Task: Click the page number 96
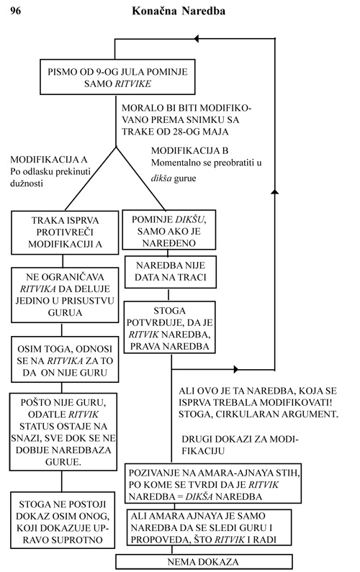coord(15,11)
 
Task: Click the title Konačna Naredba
coord(178,11)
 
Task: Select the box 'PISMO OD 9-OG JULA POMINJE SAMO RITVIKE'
coord(117,77)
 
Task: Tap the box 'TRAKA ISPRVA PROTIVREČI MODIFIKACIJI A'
coord(65,232)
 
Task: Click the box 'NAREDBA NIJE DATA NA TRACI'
coord(170,272)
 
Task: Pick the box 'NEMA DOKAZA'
coord(204,562)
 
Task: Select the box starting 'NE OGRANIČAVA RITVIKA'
coord(65,295)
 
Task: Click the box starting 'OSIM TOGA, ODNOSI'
coord(65,359)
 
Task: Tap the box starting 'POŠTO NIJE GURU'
coord(63,432)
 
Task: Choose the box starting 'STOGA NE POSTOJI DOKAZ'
coord(63,520)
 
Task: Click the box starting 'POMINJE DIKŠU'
coord(168,230)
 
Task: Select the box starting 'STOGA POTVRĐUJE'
coord(169,327)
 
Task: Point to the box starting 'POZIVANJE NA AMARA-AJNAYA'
coord(213,484)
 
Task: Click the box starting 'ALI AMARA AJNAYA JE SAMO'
coord(210,527)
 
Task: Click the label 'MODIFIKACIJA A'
coord(48,160)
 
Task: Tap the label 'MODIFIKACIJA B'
coord(189,150)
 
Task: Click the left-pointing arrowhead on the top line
coord(196,38)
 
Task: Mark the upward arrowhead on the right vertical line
coord(275,191)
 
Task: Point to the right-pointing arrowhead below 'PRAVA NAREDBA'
coord(236,369)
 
